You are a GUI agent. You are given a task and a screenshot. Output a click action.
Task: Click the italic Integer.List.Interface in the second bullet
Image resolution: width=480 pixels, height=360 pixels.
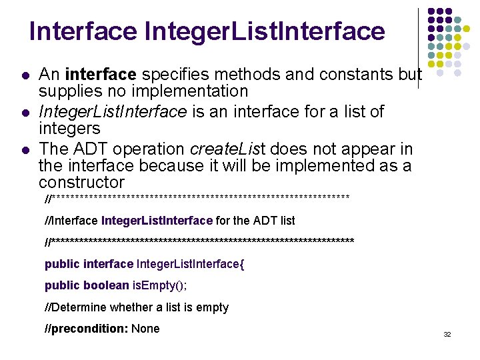point(113,111)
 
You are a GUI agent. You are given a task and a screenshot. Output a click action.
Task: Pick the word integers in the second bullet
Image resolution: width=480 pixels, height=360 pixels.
point(69,128)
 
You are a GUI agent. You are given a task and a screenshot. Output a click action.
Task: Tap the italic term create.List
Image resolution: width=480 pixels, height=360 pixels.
point(227,149)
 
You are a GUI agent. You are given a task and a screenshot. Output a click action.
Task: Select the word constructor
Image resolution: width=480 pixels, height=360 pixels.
point(81,182)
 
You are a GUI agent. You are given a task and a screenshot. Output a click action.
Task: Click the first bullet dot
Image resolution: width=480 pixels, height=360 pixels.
point(25,75)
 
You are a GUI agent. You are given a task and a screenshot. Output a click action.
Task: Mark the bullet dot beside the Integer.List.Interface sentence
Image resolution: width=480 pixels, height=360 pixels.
point(25,112)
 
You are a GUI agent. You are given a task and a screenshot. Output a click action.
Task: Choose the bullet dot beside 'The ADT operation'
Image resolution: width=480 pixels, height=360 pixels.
point(25,149)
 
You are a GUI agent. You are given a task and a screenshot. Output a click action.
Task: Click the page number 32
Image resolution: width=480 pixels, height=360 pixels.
point(447,334)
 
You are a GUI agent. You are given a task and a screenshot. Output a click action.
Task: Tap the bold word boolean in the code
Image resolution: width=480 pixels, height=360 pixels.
point(106,285)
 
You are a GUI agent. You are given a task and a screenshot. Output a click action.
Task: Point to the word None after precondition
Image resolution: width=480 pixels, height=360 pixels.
point(146,329)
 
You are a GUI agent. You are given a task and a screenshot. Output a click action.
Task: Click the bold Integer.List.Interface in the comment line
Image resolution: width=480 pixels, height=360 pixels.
point(157,220)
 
